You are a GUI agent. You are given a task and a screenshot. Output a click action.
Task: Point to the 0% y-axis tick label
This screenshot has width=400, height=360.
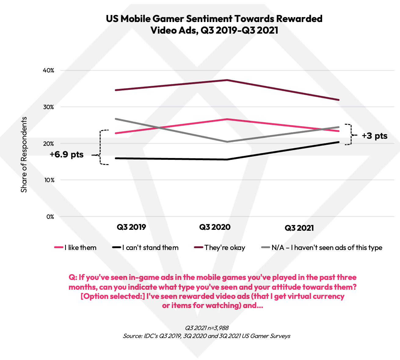tap(50, 217)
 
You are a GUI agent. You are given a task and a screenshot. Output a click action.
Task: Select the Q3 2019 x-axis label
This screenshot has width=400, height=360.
tap(131, 227)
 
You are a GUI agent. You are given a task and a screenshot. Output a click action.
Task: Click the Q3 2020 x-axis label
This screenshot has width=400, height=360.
tap(215, 227)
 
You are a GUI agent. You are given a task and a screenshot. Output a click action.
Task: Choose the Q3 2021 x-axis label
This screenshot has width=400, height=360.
tap(299, 228)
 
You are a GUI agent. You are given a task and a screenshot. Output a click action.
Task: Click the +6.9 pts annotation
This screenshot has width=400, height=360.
tap(67, 155)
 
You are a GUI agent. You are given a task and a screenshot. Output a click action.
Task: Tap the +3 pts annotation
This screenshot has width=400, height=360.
tap(375, 136)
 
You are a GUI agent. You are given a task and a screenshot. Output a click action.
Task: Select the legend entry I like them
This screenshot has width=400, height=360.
tap(80, 248)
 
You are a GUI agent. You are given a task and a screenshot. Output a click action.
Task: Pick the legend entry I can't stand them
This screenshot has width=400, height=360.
tap(150, 248)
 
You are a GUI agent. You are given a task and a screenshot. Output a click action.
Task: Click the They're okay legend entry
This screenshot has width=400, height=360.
tap(225, 248)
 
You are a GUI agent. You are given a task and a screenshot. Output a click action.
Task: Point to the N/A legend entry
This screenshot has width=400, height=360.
tap(327, 248)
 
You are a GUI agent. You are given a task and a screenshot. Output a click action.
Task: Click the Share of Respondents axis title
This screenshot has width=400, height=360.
tap(24, 155)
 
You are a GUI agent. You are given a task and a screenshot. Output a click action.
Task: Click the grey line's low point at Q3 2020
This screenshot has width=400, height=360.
tap(227, 142)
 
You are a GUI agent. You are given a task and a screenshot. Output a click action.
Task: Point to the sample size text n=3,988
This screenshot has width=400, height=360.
tap(215, 328)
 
